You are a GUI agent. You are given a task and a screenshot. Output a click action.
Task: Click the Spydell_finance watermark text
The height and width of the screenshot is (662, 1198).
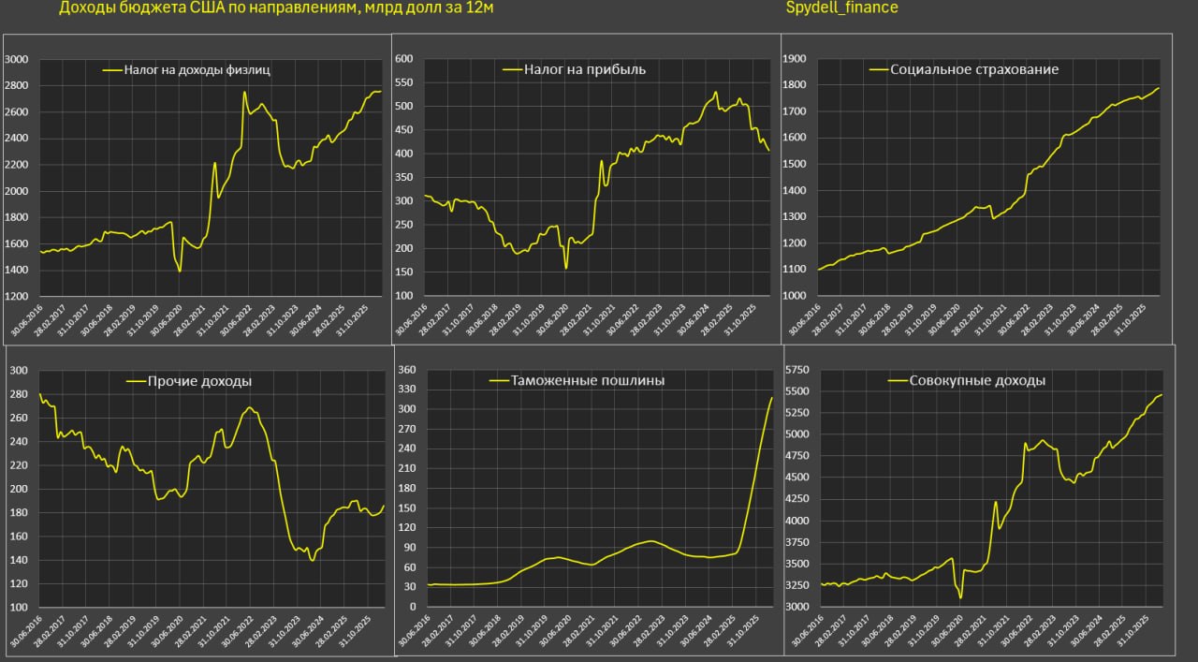point(841,7)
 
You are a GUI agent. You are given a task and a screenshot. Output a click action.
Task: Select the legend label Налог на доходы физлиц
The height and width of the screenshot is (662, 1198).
point(197,69)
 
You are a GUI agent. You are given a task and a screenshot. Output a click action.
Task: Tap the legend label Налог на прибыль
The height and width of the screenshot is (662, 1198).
point(585,69)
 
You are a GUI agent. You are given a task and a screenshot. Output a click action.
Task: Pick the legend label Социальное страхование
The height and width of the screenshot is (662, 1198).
point(974,69)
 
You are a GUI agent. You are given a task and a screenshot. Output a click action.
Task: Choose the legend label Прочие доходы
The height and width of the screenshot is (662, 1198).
point(199,381)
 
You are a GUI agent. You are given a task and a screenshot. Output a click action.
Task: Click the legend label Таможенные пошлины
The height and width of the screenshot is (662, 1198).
point(588,381)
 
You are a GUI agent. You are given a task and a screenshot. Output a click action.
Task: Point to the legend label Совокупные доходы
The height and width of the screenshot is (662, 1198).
point(977,381)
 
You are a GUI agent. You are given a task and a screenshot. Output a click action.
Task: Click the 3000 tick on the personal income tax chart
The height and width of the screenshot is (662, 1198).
point(18,59)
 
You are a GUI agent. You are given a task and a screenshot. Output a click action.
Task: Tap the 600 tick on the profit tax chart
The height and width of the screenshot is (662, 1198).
point(404,59)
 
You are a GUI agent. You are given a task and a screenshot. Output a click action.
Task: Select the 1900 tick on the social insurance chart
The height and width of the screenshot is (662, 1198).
point(794,59)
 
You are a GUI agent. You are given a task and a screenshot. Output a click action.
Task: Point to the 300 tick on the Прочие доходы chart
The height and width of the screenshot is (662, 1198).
point(18,371)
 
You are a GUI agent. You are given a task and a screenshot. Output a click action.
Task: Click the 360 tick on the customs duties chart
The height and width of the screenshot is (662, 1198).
point(406,371)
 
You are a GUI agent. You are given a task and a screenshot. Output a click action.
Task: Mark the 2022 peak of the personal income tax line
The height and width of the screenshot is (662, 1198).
point(244,92)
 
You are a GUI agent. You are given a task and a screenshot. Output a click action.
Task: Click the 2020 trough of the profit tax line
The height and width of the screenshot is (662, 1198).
point(566,269)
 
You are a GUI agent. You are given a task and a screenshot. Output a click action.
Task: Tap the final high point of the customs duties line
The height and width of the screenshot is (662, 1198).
point(772,398)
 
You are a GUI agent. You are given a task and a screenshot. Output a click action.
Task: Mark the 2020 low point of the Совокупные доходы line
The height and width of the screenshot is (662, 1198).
point(960,597)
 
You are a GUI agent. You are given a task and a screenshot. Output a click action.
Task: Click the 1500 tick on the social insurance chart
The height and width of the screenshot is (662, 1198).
point(794,164)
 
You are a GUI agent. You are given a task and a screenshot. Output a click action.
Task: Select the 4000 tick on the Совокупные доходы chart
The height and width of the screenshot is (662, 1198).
point(796,521)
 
